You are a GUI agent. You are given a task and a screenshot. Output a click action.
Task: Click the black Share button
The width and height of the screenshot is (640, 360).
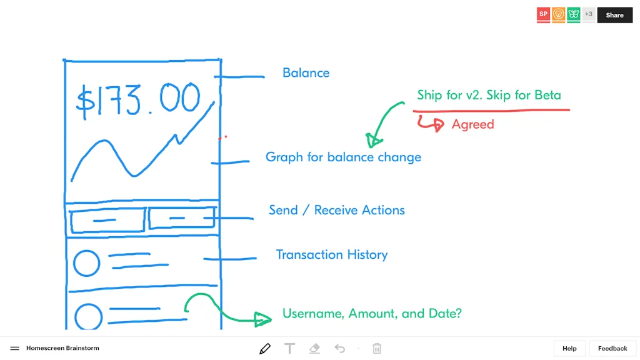(x=614, y=15)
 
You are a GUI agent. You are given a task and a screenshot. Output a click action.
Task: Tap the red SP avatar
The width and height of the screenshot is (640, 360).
(x=543, y=14)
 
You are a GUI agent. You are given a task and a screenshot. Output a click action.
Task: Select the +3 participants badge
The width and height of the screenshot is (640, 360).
(x=589, y=14)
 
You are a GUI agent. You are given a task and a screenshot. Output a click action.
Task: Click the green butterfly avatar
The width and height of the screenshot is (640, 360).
(x=574, y=14)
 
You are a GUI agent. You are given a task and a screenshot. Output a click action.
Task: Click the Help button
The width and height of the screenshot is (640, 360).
(x=569, y=348)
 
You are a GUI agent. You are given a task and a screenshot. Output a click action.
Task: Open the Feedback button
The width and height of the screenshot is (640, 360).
(x=612, y=348)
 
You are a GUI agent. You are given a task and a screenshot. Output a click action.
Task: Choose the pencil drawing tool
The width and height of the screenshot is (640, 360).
(x=265, y=348)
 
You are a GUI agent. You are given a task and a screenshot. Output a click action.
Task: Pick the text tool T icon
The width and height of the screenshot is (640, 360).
(x=289, y=348)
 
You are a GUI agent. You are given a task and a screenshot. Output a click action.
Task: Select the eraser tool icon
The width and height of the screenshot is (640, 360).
(x=314, y=348)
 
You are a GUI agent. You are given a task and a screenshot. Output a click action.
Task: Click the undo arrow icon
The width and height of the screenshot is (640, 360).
(x=339, y=348)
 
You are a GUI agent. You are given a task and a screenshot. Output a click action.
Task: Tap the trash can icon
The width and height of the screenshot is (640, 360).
(x=377, y=348)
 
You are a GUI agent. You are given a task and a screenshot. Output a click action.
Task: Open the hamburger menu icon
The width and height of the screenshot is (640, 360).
(x=14, y=348)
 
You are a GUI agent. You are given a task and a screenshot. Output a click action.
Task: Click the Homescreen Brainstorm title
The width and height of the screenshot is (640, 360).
(x=62, y=348)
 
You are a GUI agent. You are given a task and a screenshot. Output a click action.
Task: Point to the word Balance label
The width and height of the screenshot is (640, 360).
(x=306, y=73)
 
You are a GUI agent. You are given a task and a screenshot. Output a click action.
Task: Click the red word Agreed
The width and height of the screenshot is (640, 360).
(x=472, y=124)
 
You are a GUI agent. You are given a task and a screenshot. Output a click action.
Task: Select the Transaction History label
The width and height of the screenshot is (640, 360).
(x=332, y=254)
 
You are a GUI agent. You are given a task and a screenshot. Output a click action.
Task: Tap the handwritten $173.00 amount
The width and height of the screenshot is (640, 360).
(x=138, y=100)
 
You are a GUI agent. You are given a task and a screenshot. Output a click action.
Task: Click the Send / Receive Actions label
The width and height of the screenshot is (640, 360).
(x=337, y=210)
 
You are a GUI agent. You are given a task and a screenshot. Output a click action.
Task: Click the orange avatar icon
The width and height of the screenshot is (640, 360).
(x=559, y=14)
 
